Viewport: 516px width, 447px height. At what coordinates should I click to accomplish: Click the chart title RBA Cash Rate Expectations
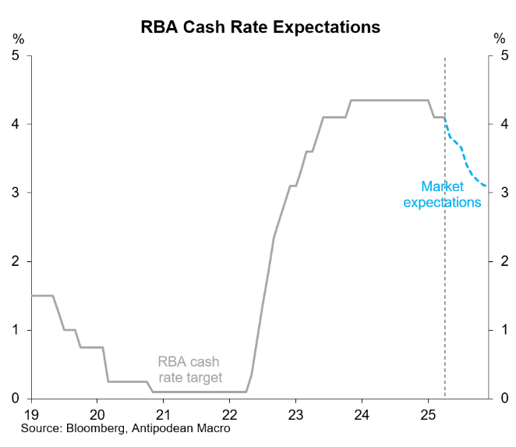[x=260, y=27]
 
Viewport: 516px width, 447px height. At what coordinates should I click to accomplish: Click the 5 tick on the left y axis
[x=16, y=55]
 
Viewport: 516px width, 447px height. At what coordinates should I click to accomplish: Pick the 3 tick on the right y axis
[x=504, y=193]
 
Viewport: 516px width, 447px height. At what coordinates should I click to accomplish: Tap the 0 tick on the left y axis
[x=16, y=399]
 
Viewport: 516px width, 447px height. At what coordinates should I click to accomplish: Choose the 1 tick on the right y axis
[x=504, y=330]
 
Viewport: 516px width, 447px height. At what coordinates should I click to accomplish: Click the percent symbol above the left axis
[x=16, y=38]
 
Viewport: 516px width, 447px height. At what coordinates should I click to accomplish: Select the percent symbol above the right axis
[x=500, y=38]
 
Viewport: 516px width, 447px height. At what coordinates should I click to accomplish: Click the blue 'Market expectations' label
[x=442, y=194]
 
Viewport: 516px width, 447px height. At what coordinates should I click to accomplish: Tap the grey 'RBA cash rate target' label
[x=189, y=370]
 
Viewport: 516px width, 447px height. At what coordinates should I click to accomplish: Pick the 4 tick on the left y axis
[x=16, y=124]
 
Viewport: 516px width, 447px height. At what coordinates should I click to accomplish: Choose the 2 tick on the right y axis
[x=504, y=261]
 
